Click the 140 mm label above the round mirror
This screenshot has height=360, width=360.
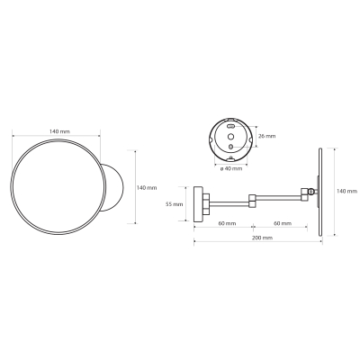coord(59,131)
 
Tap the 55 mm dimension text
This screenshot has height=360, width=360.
coord(175,204)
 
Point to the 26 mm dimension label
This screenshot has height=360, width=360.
coord(266,136)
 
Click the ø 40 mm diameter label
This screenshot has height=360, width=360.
coord(230,168)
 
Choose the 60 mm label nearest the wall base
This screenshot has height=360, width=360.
coord(227,223)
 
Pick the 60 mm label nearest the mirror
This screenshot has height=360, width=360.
coord(283,223)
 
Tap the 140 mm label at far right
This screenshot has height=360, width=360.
coord(346,191)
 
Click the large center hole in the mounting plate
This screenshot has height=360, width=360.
coord(230,137)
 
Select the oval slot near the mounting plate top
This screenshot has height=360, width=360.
coord(230,126)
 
